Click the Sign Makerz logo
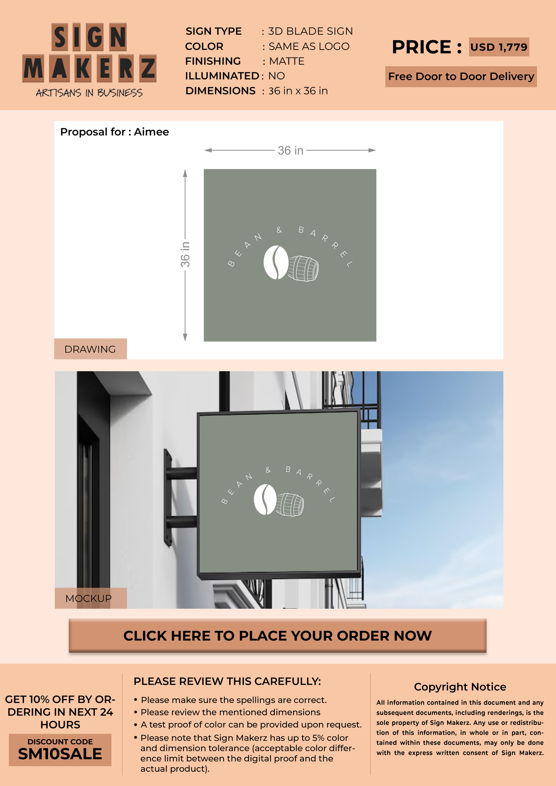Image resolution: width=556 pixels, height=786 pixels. coord(89,60)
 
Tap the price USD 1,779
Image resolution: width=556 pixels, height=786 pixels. coord(499,47)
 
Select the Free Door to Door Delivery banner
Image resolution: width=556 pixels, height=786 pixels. coord(461,76)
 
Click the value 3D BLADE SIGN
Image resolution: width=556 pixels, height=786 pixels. coord(311,31)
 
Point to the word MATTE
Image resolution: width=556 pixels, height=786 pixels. coord(287,61)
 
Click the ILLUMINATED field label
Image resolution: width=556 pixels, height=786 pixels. coord(222,76)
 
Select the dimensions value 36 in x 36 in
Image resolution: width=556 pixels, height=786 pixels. coord(298,91)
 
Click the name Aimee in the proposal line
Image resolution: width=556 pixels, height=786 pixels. coord(151,132)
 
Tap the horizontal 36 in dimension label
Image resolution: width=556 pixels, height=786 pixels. coord(290,150)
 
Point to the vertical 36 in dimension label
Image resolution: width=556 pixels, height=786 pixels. coord(185,254)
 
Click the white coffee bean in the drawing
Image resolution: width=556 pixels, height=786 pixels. coord(276,262)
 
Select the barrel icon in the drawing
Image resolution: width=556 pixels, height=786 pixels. coord(303,268)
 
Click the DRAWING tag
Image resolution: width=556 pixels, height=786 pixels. coord(91,349)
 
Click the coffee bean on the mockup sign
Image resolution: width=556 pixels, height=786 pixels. coord(265,499)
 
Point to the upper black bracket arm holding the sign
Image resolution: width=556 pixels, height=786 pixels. coord(181,473)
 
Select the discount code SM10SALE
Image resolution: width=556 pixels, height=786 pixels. coord(60,754)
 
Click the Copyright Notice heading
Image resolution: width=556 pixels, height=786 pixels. coord(460,687)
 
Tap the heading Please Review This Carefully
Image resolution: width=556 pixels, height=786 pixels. coord(227,681)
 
